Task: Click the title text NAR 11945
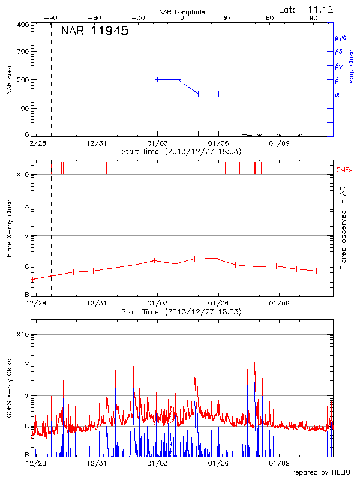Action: click(94, 31)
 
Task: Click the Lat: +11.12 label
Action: click(307, 10)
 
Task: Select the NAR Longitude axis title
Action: click(182, 12)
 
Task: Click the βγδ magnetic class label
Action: click(341, 37)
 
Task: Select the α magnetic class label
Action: click(337, 94)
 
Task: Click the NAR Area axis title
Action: click(10, 80)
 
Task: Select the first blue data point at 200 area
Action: click(157, 79)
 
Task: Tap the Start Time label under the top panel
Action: click(181, 152)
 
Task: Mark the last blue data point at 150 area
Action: click(239, 94)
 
